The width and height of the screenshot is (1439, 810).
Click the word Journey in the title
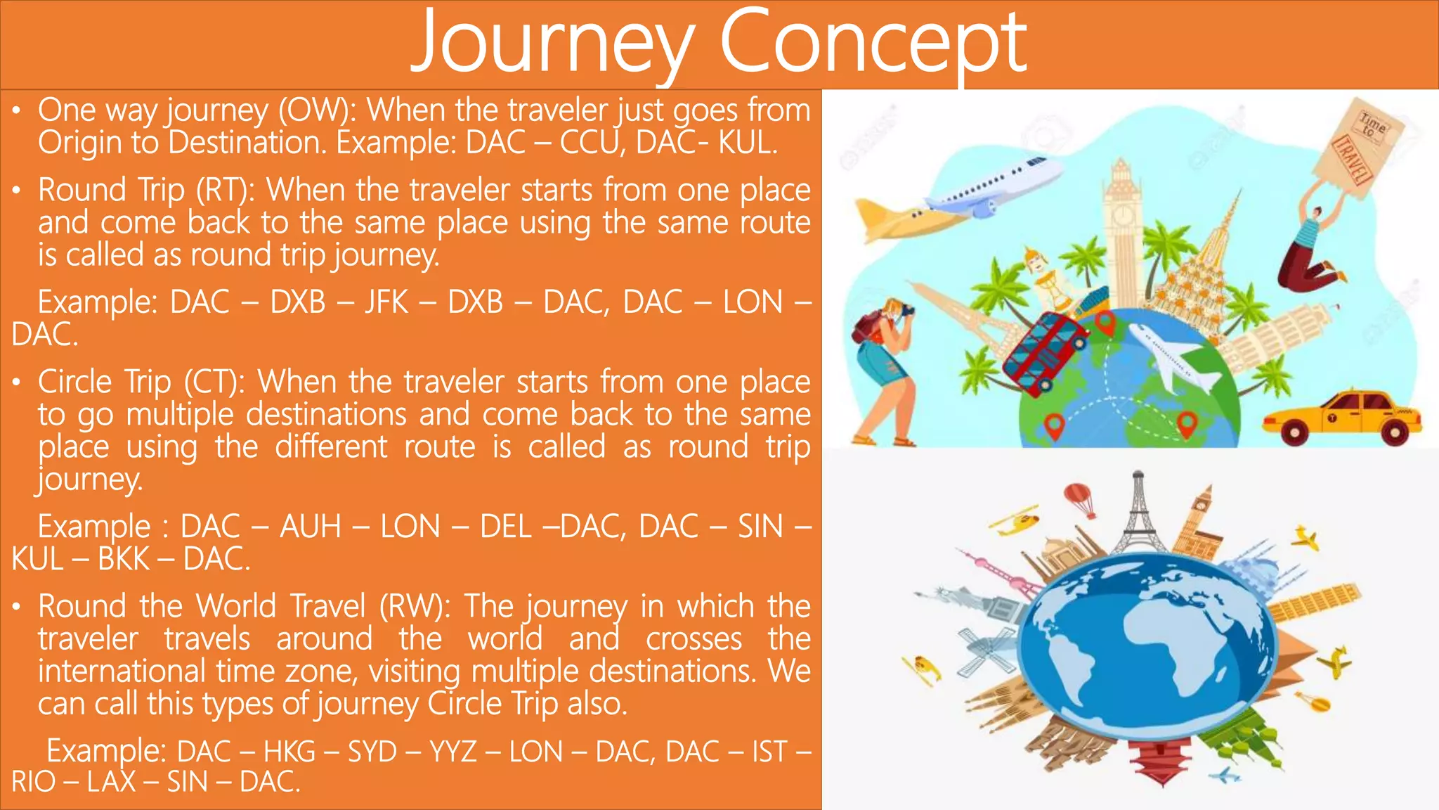pyautogui.click(x=552, y=44)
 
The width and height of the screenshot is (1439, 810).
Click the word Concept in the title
pyautogui.click(x=873, y=44)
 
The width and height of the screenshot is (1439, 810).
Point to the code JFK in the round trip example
pyautogui.click(x=386, y=302)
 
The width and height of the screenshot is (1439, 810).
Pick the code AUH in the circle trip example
pyautogui.click(x=311, y=527)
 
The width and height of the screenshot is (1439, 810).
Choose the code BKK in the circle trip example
pyautogui.click(x=124, y=560)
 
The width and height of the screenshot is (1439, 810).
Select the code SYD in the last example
pyautogui.click(x=372, y=752)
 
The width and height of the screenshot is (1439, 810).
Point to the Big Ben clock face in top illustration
pyautogui.click(x=1122, y=214)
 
